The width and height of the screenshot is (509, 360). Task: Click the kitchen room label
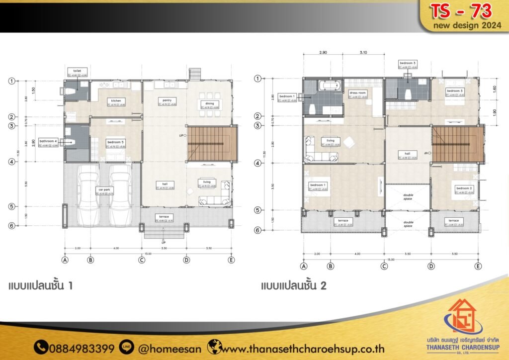(x=116, y=100)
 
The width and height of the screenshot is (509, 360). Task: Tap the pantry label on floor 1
(x=166, y=100)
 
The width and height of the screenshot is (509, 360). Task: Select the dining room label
(x=209, y=103)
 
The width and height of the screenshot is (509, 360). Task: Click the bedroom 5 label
(x=116, y=142)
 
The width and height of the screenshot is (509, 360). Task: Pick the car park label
(x=103, y=189)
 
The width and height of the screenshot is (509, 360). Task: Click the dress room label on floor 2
(x=357, y=92)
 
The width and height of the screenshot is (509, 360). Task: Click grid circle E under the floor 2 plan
(x=478, y=266)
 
